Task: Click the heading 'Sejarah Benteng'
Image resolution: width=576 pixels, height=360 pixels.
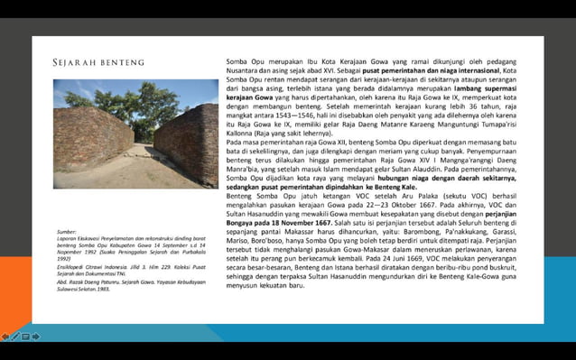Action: pos(98,62)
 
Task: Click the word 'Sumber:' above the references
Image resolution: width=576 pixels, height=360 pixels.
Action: pos(67,232)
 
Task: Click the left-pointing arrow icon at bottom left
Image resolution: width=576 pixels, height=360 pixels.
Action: pos(6,337)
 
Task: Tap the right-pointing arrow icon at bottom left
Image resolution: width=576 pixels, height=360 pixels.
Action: pos(35,337)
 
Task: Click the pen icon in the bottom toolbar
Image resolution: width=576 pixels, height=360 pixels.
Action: pos(15,337)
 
